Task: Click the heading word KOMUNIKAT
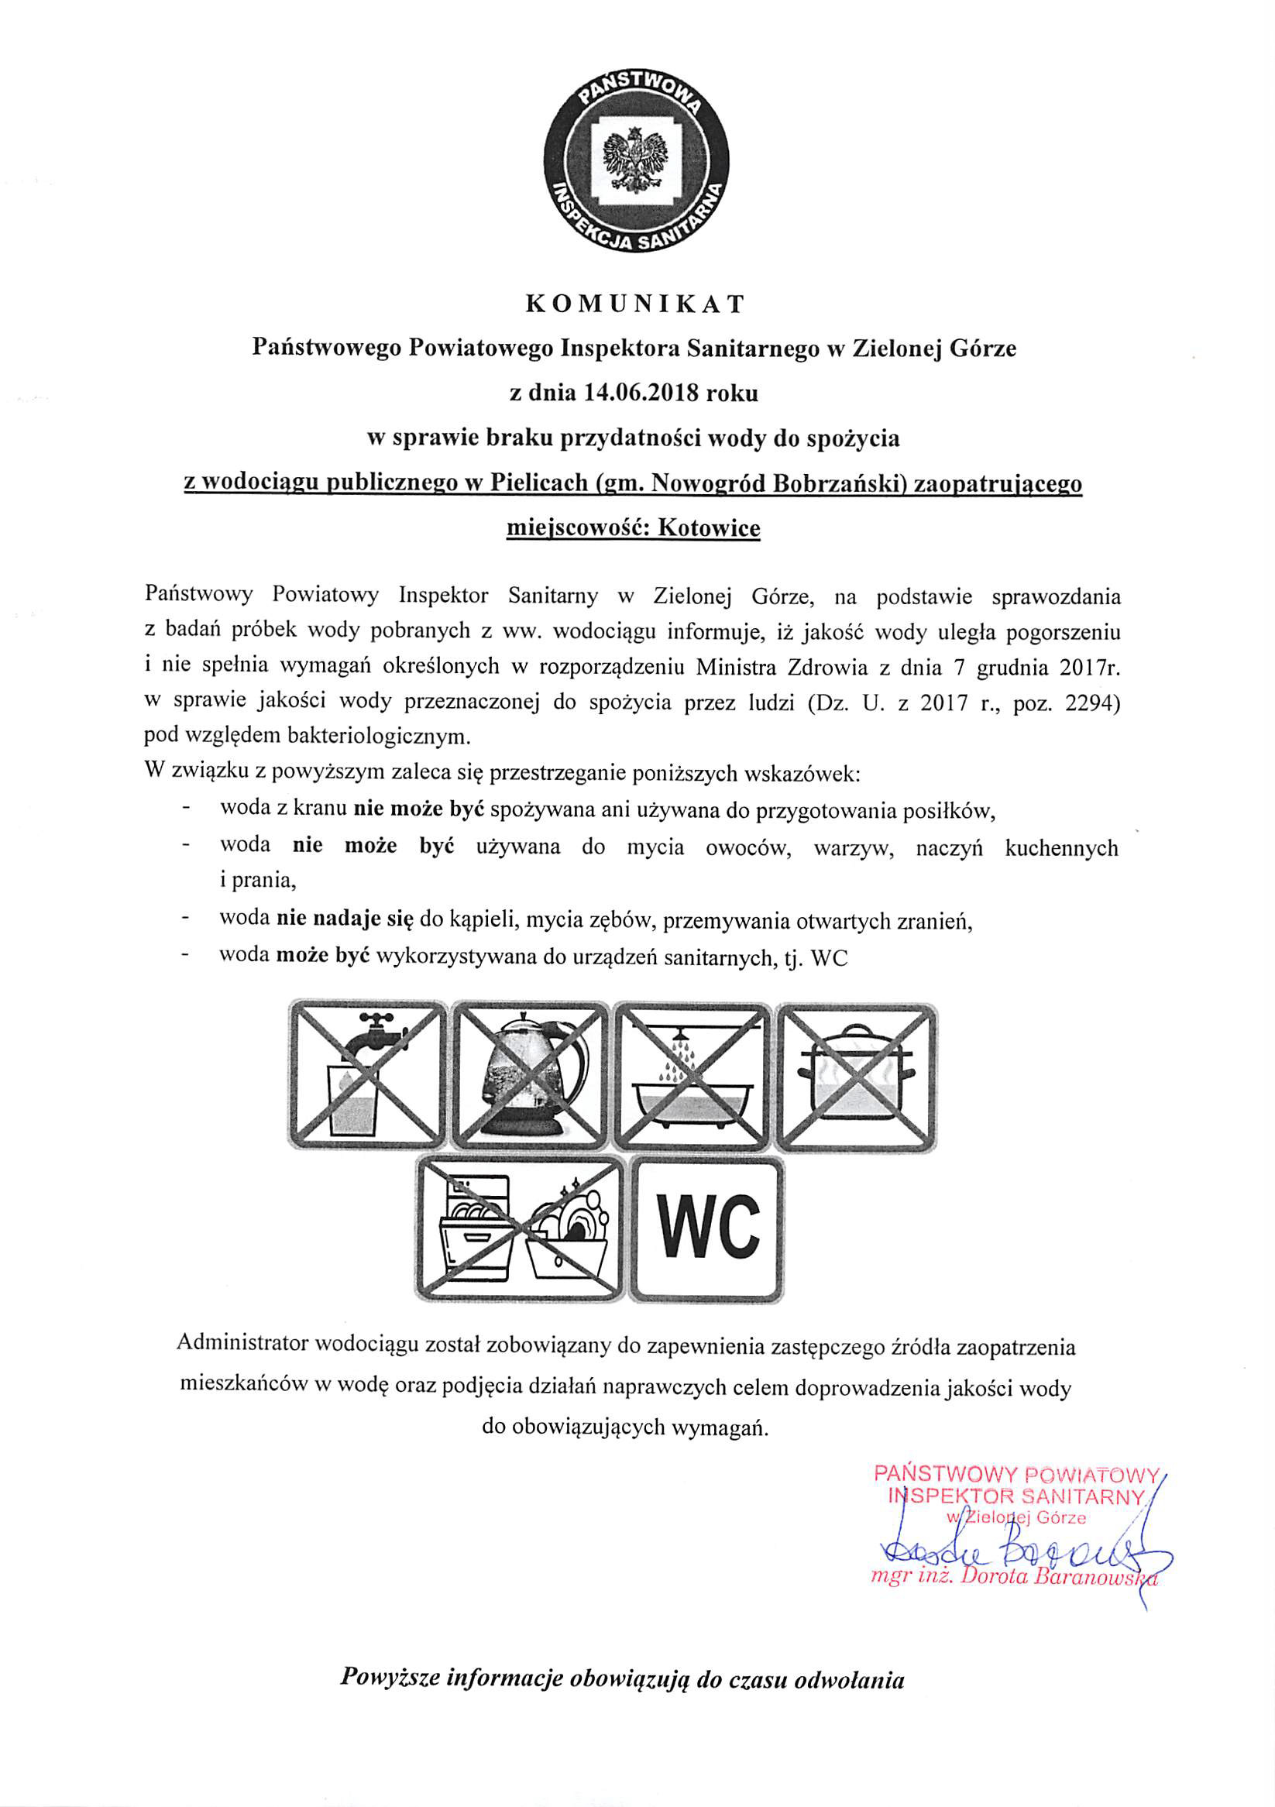634,304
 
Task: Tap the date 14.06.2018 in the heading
641,392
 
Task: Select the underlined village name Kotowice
709,527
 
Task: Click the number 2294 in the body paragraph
1091,702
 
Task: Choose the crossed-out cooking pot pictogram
857,1076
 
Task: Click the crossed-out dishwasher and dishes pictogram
521,1228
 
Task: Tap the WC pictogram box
706,1228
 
